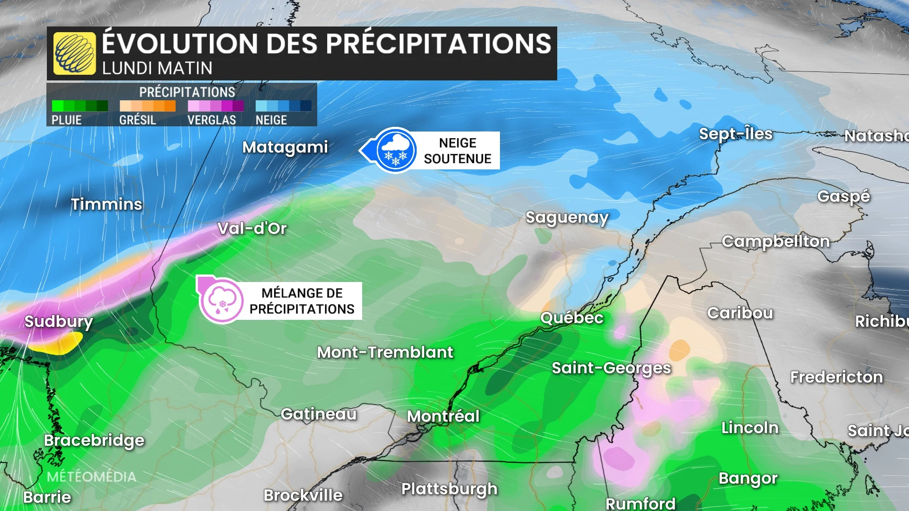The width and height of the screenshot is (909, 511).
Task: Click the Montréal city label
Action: tap(443, 416)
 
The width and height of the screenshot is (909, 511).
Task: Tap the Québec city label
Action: tap(572, 317)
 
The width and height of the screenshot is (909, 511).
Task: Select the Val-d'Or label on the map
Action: tap(252, 229)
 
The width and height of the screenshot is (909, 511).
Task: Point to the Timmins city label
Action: tap(107, 204)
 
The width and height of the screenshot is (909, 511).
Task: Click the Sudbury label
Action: tap(59, 322)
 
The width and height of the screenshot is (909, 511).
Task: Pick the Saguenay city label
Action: tap(567, 218)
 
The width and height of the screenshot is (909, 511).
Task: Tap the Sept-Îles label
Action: tap(736, 134)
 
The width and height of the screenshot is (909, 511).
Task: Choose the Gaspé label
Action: tap(844, 196)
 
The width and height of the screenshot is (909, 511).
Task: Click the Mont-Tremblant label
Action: tap(385, 352)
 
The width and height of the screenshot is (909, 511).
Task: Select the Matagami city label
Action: tap(285, 147)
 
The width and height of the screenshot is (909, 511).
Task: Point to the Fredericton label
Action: tap(837, 377)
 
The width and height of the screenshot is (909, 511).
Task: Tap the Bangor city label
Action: tap(748, 478)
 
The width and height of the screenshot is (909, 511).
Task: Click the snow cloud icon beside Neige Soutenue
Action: tap(396, 150)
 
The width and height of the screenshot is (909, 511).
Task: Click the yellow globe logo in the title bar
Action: tap(74, 53)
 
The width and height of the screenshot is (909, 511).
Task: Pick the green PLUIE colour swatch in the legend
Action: tap(80, 106)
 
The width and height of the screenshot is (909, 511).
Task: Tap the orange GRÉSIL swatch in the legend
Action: tap(147, 106)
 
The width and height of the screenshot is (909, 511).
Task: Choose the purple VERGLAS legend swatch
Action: tap(215, 106)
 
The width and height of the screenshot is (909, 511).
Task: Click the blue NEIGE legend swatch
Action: tap(283, 106)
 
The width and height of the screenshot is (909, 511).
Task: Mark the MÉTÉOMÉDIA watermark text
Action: tap(91, 476)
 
